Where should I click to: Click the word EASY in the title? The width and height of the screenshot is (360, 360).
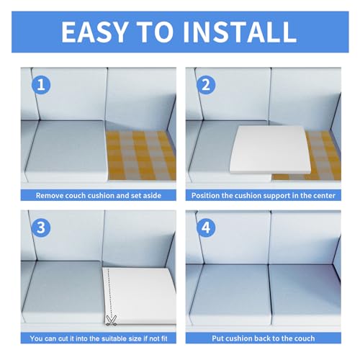(94, 32)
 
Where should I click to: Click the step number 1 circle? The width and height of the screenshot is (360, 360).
(41, 84)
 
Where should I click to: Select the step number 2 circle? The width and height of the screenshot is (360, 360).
(206, 84)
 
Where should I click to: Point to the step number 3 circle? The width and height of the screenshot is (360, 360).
(41, 228)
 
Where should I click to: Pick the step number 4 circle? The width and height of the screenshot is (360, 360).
(206, 228)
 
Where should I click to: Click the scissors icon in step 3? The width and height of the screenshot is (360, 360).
(112, 320)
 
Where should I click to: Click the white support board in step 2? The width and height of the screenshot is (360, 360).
(271, 149)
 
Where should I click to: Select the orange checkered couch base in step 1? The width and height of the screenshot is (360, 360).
(141, 156)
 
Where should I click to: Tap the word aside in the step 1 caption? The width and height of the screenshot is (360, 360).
(152, 195)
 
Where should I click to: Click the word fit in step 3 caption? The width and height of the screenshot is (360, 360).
(164, 338)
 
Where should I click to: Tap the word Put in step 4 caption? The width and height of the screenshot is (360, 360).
(217, 338)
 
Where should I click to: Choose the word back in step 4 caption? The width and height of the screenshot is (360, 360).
(263, 338)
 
